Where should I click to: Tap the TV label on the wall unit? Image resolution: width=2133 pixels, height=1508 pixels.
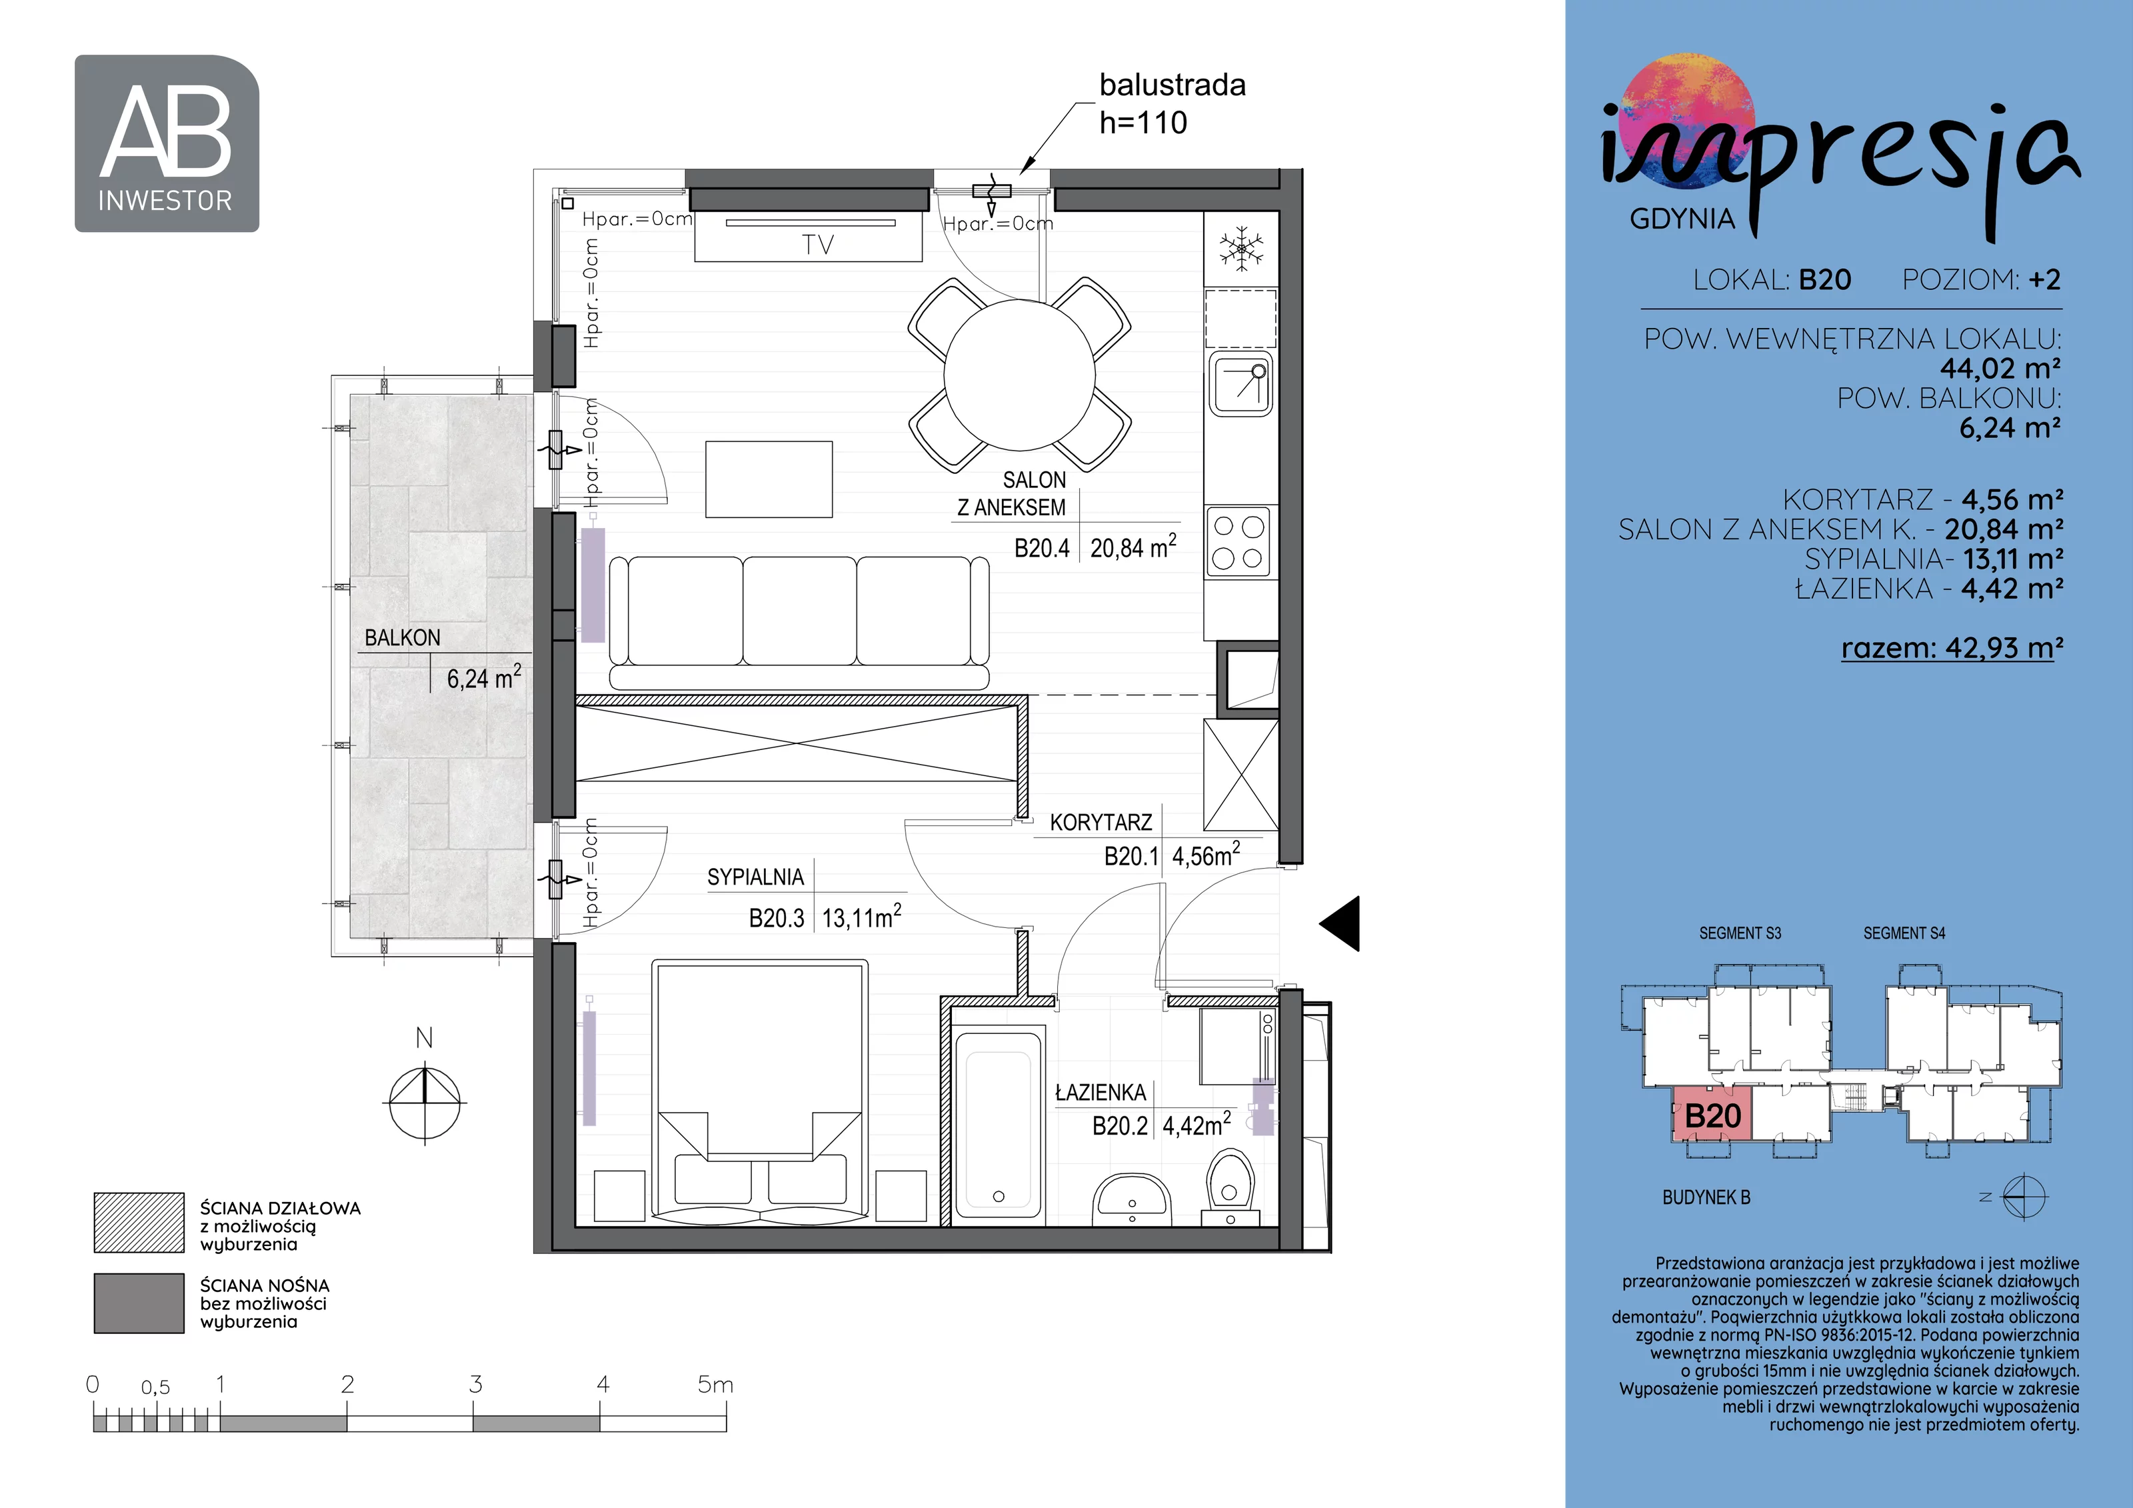click(x=817, y=245)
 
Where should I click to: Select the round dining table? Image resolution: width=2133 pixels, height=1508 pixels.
click(x=1019, y=375)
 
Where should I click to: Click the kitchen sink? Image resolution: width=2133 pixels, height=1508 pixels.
click(x=1240, y=385)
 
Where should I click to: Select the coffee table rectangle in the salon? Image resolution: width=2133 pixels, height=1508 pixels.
click(x=769, y=479)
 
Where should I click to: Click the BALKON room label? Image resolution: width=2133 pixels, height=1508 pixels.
click(x=402, y=638)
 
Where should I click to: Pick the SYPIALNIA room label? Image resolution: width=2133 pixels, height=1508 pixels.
click(x=755, y=877)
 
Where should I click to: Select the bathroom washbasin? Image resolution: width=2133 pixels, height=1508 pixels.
click(x=1132, y=1199)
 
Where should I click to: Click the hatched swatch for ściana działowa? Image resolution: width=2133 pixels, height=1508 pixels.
click(x=139, y=1223)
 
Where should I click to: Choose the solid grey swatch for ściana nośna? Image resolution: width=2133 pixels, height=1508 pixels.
click(x=139, y=1303)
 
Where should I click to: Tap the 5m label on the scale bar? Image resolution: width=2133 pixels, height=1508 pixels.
click(x=715, y=1385)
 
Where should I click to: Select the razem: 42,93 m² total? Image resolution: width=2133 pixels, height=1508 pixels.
click(x=1952, y=647)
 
